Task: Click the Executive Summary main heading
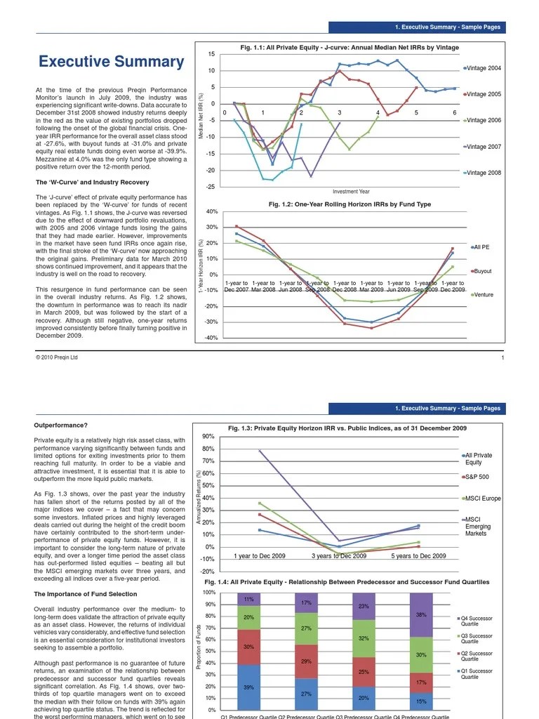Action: point(111,62)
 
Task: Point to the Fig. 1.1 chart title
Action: point(350,48)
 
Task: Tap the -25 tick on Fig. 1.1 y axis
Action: point(211,187)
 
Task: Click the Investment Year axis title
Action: point(351,192)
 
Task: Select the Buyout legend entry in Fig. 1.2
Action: point(482,270)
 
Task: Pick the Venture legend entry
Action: point(483,295)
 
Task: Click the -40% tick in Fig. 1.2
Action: point(211,338)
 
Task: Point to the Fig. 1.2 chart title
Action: point(350,204)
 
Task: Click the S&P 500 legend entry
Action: point(477,477)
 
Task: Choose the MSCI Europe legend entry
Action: point(481,499)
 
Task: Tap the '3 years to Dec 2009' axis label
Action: point(339,556)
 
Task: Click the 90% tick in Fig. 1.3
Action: point(208,437)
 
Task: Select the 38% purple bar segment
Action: point(421,614)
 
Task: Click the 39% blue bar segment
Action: point(248,687)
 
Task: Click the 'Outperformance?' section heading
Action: point(61,426)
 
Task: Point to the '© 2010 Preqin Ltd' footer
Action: point(57,357)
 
